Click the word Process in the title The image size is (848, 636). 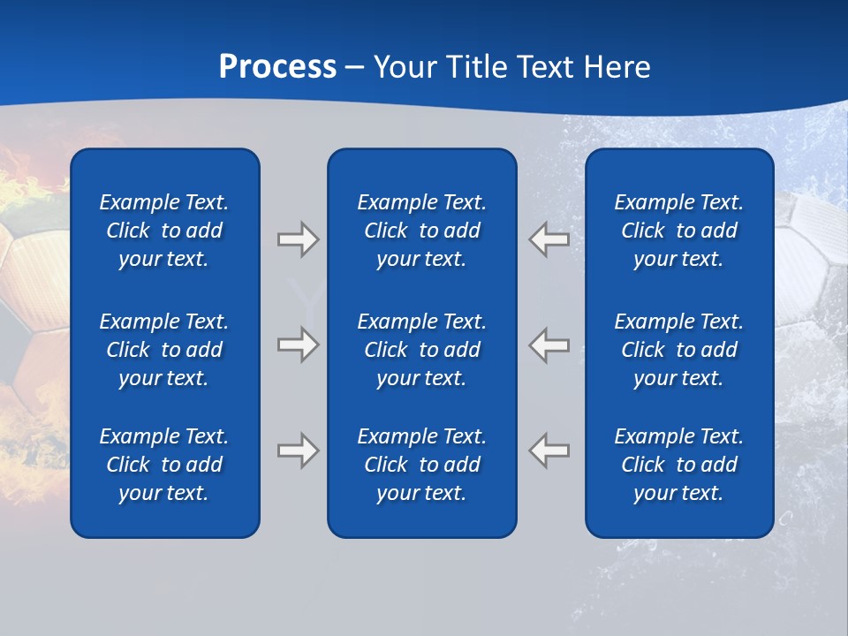coord(277,67)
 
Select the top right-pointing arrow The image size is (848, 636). coord(298,239)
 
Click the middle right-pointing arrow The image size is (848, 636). coord(298,344)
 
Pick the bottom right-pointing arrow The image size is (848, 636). coord(298,450)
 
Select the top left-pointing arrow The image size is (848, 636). coord(549,239)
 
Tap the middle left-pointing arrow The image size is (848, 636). coord(549,344)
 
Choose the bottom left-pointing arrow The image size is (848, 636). coord(549,450)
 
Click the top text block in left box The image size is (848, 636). coord(164,231)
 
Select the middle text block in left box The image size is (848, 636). coord(164,350)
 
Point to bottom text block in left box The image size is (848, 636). coord(164,465)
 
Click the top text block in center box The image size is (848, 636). coord(421,231)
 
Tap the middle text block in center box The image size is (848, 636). coord(421,350)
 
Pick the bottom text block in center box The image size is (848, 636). coord(421,465)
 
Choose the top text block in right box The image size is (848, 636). coord(678,231)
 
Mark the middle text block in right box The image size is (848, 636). coord(678,350)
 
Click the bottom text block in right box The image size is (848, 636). coord(678,465)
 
